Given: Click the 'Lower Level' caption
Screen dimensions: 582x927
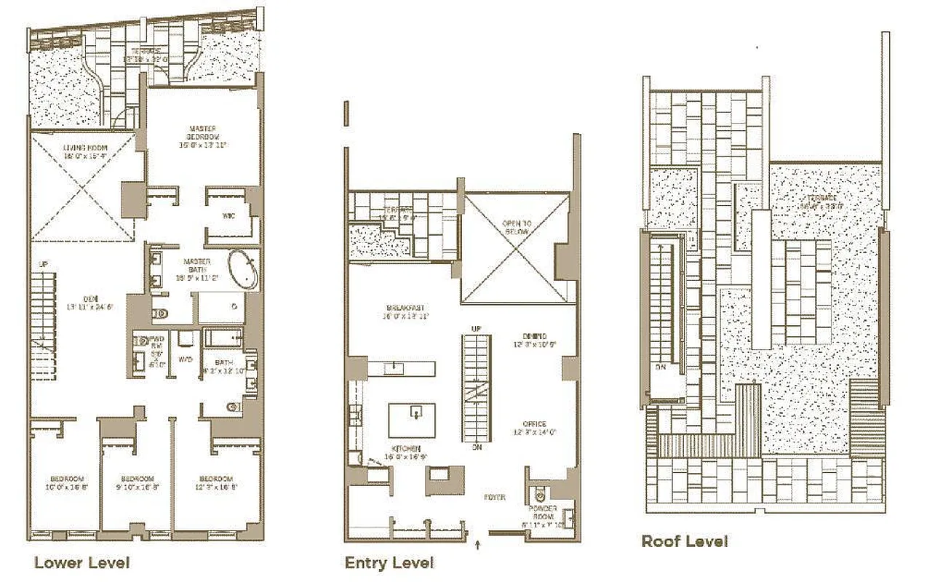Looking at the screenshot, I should tap(81, 562).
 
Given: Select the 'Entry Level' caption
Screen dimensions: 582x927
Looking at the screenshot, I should tap(389, 562).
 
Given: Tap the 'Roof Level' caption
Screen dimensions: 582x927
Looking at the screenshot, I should tap(684, 541).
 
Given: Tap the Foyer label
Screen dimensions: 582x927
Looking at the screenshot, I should tap(495, 498).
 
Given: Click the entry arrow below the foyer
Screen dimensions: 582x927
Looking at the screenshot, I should tap(478, 543).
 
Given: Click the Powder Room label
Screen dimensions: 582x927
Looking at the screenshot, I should tap(544, 514).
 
